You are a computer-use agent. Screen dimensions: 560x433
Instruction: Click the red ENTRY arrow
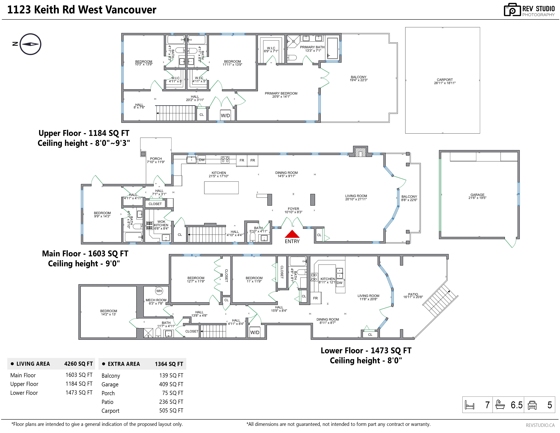tap(292, 234)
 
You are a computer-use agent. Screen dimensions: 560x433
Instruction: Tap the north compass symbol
tap(30, 44)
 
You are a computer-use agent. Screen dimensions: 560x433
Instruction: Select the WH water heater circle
tap(159, 291)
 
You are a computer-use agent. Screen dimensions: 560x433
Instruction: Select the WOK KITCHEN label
tap(161, 223)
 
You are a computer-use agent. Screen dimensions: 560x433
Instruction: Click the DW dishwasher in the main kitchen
tap(202, 160)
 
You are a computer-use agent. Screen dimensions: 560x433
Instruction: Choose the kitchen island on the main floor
tap(221, 187)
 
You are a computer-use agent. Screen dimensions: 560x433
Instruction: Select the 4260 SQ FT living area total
tap(78, 364)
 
